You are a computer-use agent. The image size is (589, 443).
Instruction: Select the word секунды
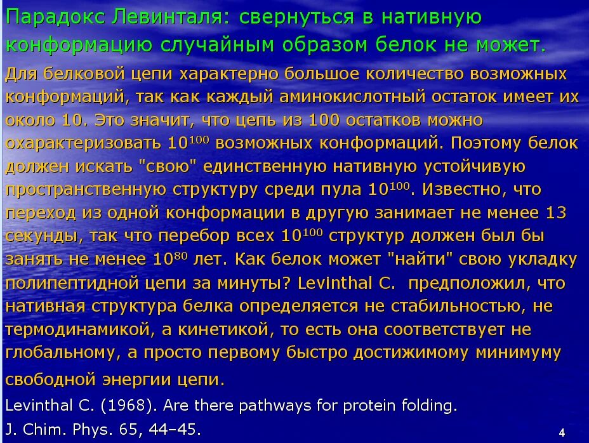(42, 236)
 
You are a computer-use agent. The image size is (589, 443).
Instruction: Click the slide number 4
(562, 432)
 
